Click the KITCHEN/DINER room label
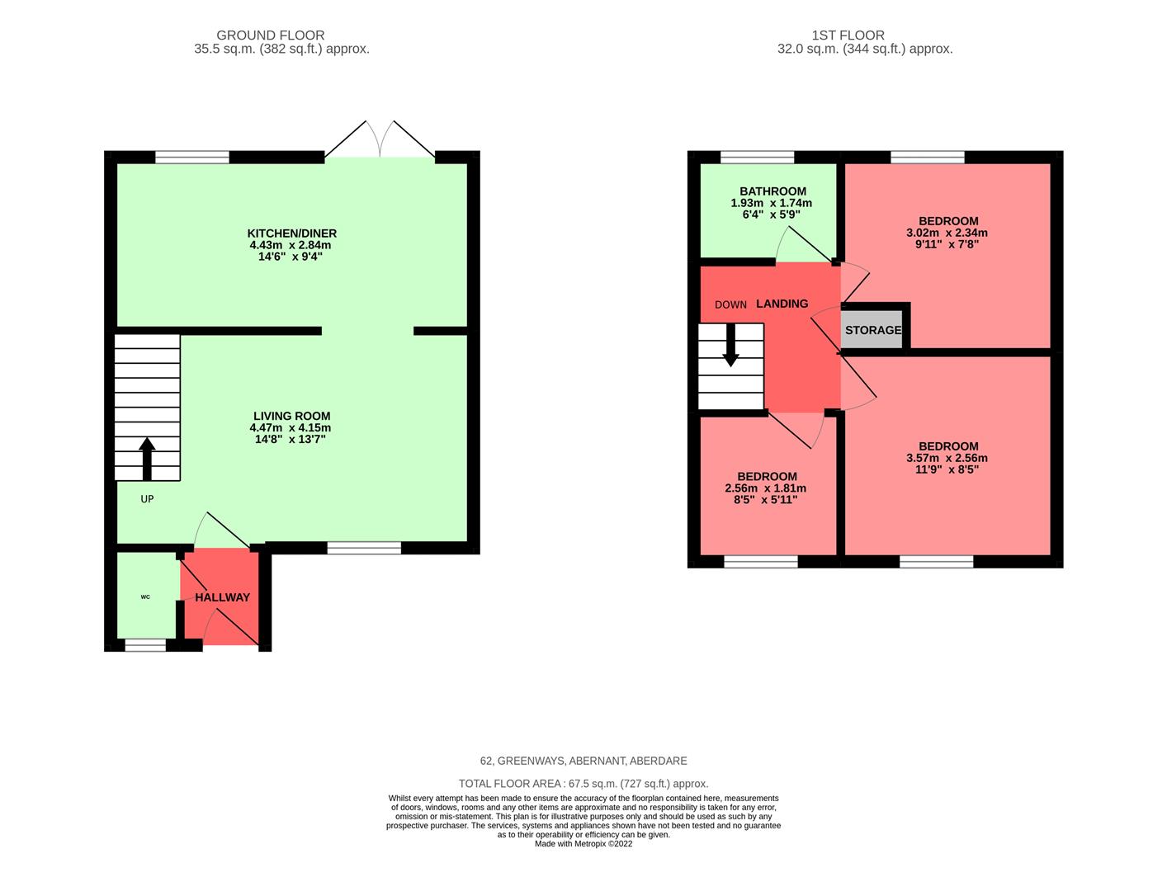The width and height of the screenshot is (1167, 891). point(292,233)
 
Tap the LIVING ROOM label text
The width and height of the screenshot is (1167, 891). point(291,417)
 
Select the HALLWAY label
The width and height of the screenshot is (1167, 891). point(222,597)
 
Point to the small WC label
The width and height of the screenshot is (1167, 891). point(145,596)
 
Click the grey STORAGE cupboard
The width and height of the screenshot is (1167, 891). point(873,330)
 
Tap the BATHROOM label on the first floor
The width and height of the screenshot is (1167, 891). point(772,191)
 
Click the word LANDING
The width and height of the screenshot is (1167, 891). point(782,304)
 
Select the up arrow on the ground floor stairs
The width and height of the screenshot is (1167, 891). point(147,459)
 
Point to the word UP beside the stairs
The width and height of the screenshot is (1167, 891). point(147,499)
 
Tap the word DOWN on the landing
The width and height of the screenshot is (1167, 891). point(730,304)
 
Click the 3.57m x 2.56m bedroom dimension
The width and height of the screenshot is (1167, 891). point(947,459)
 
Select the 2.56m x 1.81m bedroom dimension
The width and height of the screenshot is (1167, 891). point(766,488)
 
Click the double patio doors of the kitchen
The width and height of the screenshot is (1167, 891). point(380,140)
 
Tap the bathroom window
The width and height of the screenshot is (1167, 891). point(757,157)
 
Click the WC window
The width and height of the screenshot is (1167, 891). point(145,646)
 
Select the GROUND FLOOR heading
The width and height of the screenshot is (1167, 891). point(270,35)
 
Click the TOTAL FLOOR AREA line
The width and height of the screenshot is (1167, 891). point(583,784)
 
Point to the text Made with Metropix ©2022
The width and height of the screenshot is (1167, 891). point(583,844)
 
